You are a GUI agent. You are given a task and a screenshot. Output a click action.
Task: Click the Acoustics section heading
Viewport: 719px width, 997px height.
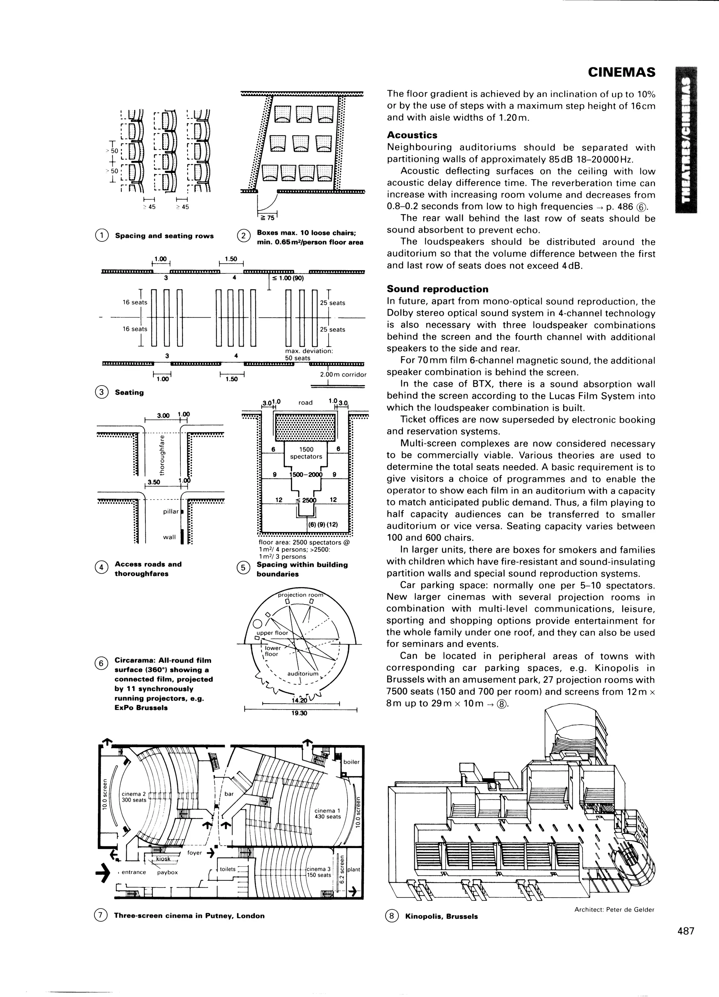412,135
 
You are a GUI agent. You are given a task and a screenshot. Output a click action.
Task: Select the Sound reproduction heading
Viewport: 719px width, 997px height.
437,289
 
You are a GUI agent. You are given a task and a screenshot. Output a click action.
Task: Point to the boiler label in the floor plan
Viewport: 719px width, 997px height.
351,762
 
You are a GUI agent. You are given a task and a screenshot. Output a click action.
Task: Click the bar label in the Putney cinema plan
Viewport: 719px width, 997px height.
229,794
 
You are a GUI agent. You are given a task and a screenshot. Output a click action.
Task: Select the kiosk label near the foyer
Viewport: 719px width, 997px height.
163,859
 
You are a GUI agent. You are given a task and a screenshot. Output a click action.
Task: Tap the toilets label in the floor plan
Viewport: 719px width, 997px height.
228,869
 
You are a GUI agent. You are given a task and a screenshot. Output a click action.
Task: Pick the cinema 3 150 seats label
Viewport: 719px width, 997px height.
319,872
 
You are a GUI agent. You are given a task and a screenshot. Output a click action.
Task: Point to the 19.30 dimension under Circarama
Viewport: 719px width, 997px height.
299,713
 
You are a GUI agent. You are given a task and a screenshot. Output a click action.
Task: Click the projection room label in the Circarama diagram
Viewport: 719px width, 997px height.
301,595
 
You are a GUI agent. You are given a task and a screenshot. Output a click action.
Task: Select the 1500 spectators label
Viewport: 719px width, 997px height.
306,453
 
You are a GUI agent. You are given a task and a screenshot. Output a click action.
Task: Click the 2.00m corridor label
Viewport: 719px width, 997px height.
343,375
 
